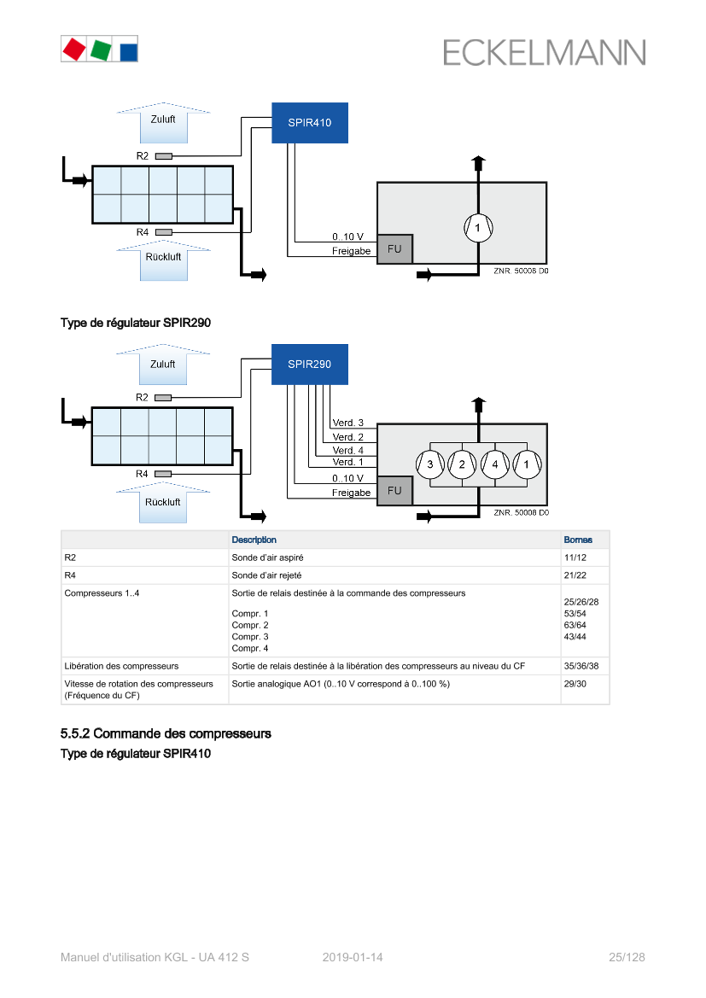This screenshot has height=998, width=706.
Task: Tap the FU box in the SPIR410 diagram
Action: point(394,249)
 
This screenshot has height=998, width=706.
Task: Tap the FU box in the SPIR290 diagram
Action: point(394,491)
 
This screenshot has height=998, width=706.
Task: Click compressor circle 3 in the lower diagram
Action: point(429,464)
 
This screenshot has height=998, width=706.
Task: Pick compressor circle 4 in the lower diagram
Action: point(495,464)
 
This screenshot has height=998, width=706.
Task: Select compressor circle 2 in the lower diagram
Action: point(462,464)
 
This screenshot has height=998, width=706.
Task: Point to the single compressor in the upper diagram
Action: point(478,227)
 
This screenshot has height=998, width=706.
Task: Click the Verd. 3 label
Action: point(347,423)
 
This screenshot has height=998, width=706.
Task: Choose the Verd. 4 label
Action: point(347,450)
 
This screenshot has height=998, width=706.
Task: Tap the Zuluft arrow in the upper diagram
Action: point(163,123)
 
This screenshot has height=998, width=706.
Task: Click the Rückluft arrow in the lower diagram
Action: point(163,504)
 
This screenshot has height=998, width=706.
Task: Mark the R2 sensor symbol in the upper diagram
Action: point(163,155)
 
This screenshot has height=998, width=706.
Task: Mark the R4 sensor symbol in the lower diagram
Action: point(163,474)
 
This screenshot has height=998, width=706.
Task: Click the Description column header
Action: point(254,540)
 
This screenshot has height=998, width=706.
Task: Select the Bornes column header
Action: point(578,540)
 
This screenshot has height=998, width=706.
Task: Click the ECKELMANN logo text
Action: point(544,53)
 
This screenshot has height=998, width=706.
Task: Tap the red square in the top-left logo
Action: point(73,49)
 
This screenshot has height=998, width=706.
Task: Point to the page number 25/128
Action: point(627,957)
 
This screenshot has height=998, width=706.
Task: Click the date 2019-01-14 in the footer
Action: point(353,957)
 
